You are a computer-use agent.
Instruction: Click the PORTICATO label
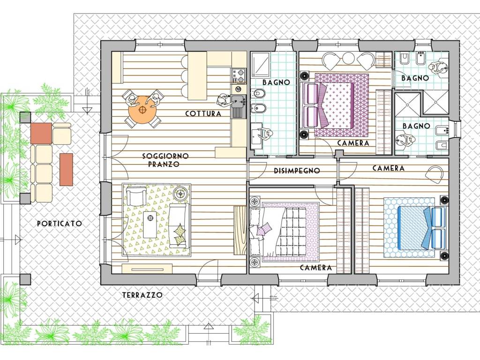[x=60, y=224]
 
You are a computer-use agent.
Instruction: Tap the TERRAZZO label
[x=142, y=295]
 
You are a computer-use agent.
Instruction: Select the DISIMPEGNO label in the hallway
[x=297, y=171]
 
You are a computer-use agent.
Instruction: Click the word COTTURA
[x=203, y=113]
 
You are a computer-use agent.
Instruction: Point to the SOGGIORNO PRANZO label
[x=165, y=160]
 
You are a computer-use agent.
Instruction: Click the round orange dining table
[x=142, y=110]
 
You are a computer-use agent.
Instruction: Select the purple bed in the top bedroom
[x=328, y=105]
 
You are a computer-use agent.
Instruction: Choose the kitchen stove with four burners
[x=239, y=76]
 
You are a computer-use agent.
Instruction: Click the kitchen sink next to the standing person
[x=239, y=101]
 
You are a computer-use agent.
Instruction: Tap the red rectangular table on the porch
[x=66, y=170]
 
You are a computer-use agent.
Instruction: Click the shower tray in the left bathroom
[x=261, y=64]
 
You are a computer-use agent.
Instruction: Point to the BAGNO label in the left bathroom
[x=276, y=82]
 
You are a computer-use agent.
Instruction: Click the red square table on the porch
[x=41, y=134]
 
